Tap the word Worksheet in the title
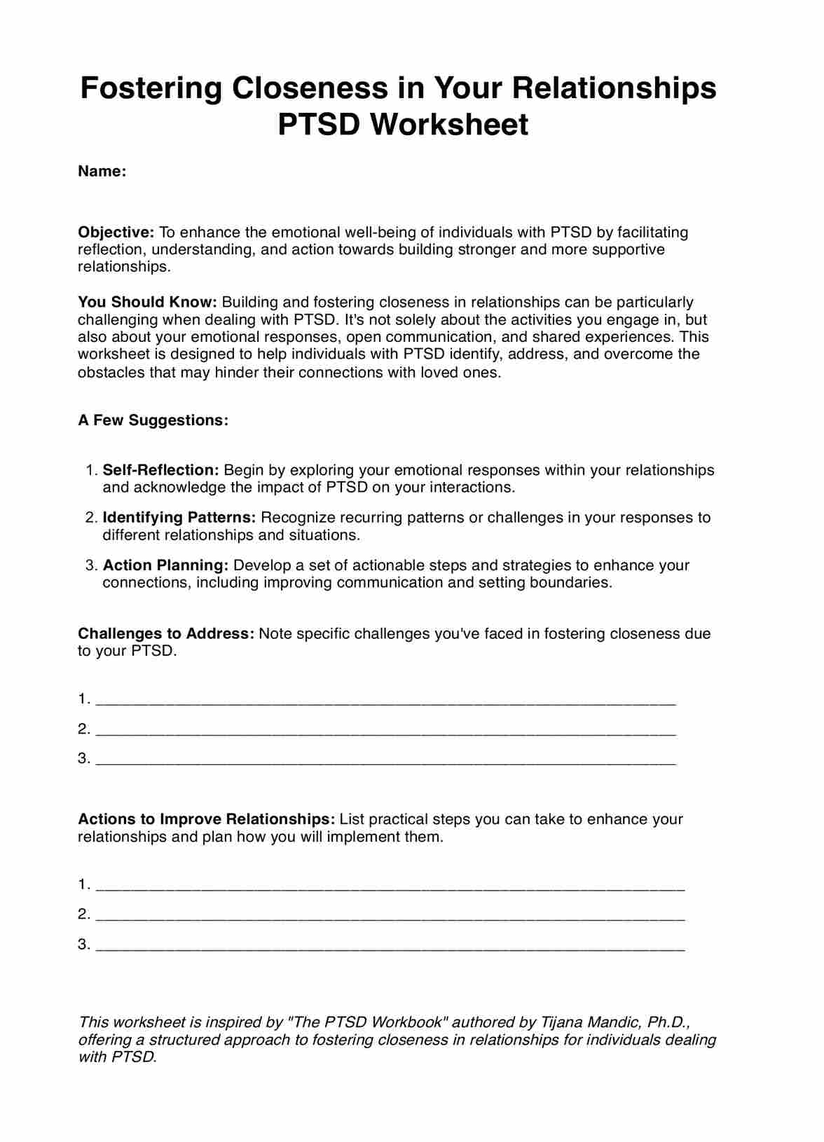click(x=448, y=125)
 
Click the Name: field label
click(x=102, y=172)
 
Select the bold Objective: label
click(x=116, y=233)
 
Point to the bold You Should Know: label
click(x=147, y=303)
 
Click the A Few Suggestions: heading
click(x=153, y=420)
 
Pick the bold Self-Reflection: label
click(x=161, y=470)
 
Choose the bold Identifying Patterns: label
click(x=179, y=518)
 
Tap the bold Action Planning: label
click(x=165, y=565)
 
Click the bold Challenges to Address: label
click(x=166, y=634)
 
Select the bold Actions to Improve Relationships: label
click(x=207, y=820)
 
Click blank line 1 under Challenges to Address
click(x=385, y=701)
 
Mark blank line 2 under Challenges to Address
click(x=385, y=731)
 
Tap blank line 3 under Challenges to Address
click(x=385, y=760)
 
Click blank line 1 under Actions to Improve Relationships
click(x=390, y=886)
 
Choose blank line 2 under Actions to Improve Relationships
click(x=390, y=916)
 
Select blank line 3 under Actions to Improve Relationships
click(x=390, y=947)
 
